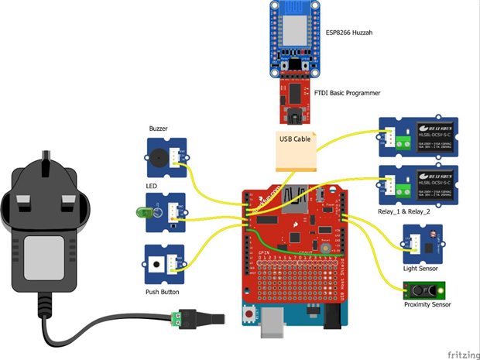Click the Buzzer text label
click(x=159, y=129)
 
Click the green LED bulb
click(x=144, y=211)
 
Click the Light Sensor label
click(x=420, y=269)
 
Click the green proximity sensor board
click(x=425, y=290)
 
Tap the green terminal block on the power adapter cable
click(x=181, y=317)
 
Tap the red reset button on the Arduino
click(x=249, y=315)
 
